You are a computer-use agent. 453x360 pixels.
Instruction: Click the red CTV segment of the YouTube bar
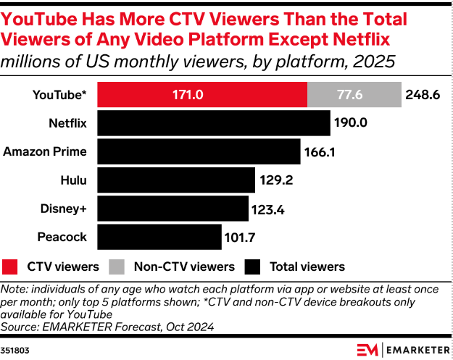[201, 95]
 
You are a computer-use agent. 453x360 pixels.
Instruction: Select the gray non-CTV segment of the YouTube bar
[354, 95]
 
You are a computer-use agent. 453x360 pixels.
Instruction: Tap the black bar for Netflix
[212, 123]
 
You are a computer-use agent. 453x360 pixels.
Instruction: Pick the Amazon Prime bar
[198, 151]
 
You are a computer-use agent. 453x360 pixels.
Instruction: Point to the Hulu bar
[175, 180]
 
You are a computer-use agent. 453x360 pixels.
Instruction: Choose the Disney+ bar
[173, 209]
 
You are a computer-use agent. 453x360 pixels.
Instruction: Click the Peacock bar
[159, 237]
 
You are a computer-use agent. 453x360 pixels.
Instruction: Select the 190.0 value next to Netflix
[351, 123]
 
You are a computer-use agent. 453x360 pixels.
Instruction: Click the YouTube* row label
[59, 95]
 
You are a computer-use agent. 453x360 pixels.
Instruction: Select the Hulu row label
[74, 180]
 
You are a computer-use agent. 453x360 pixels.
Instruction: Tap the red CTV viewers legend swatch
[11, 267]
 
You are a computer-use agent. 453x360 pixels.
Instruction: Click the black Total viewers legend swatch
[252, 267]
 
